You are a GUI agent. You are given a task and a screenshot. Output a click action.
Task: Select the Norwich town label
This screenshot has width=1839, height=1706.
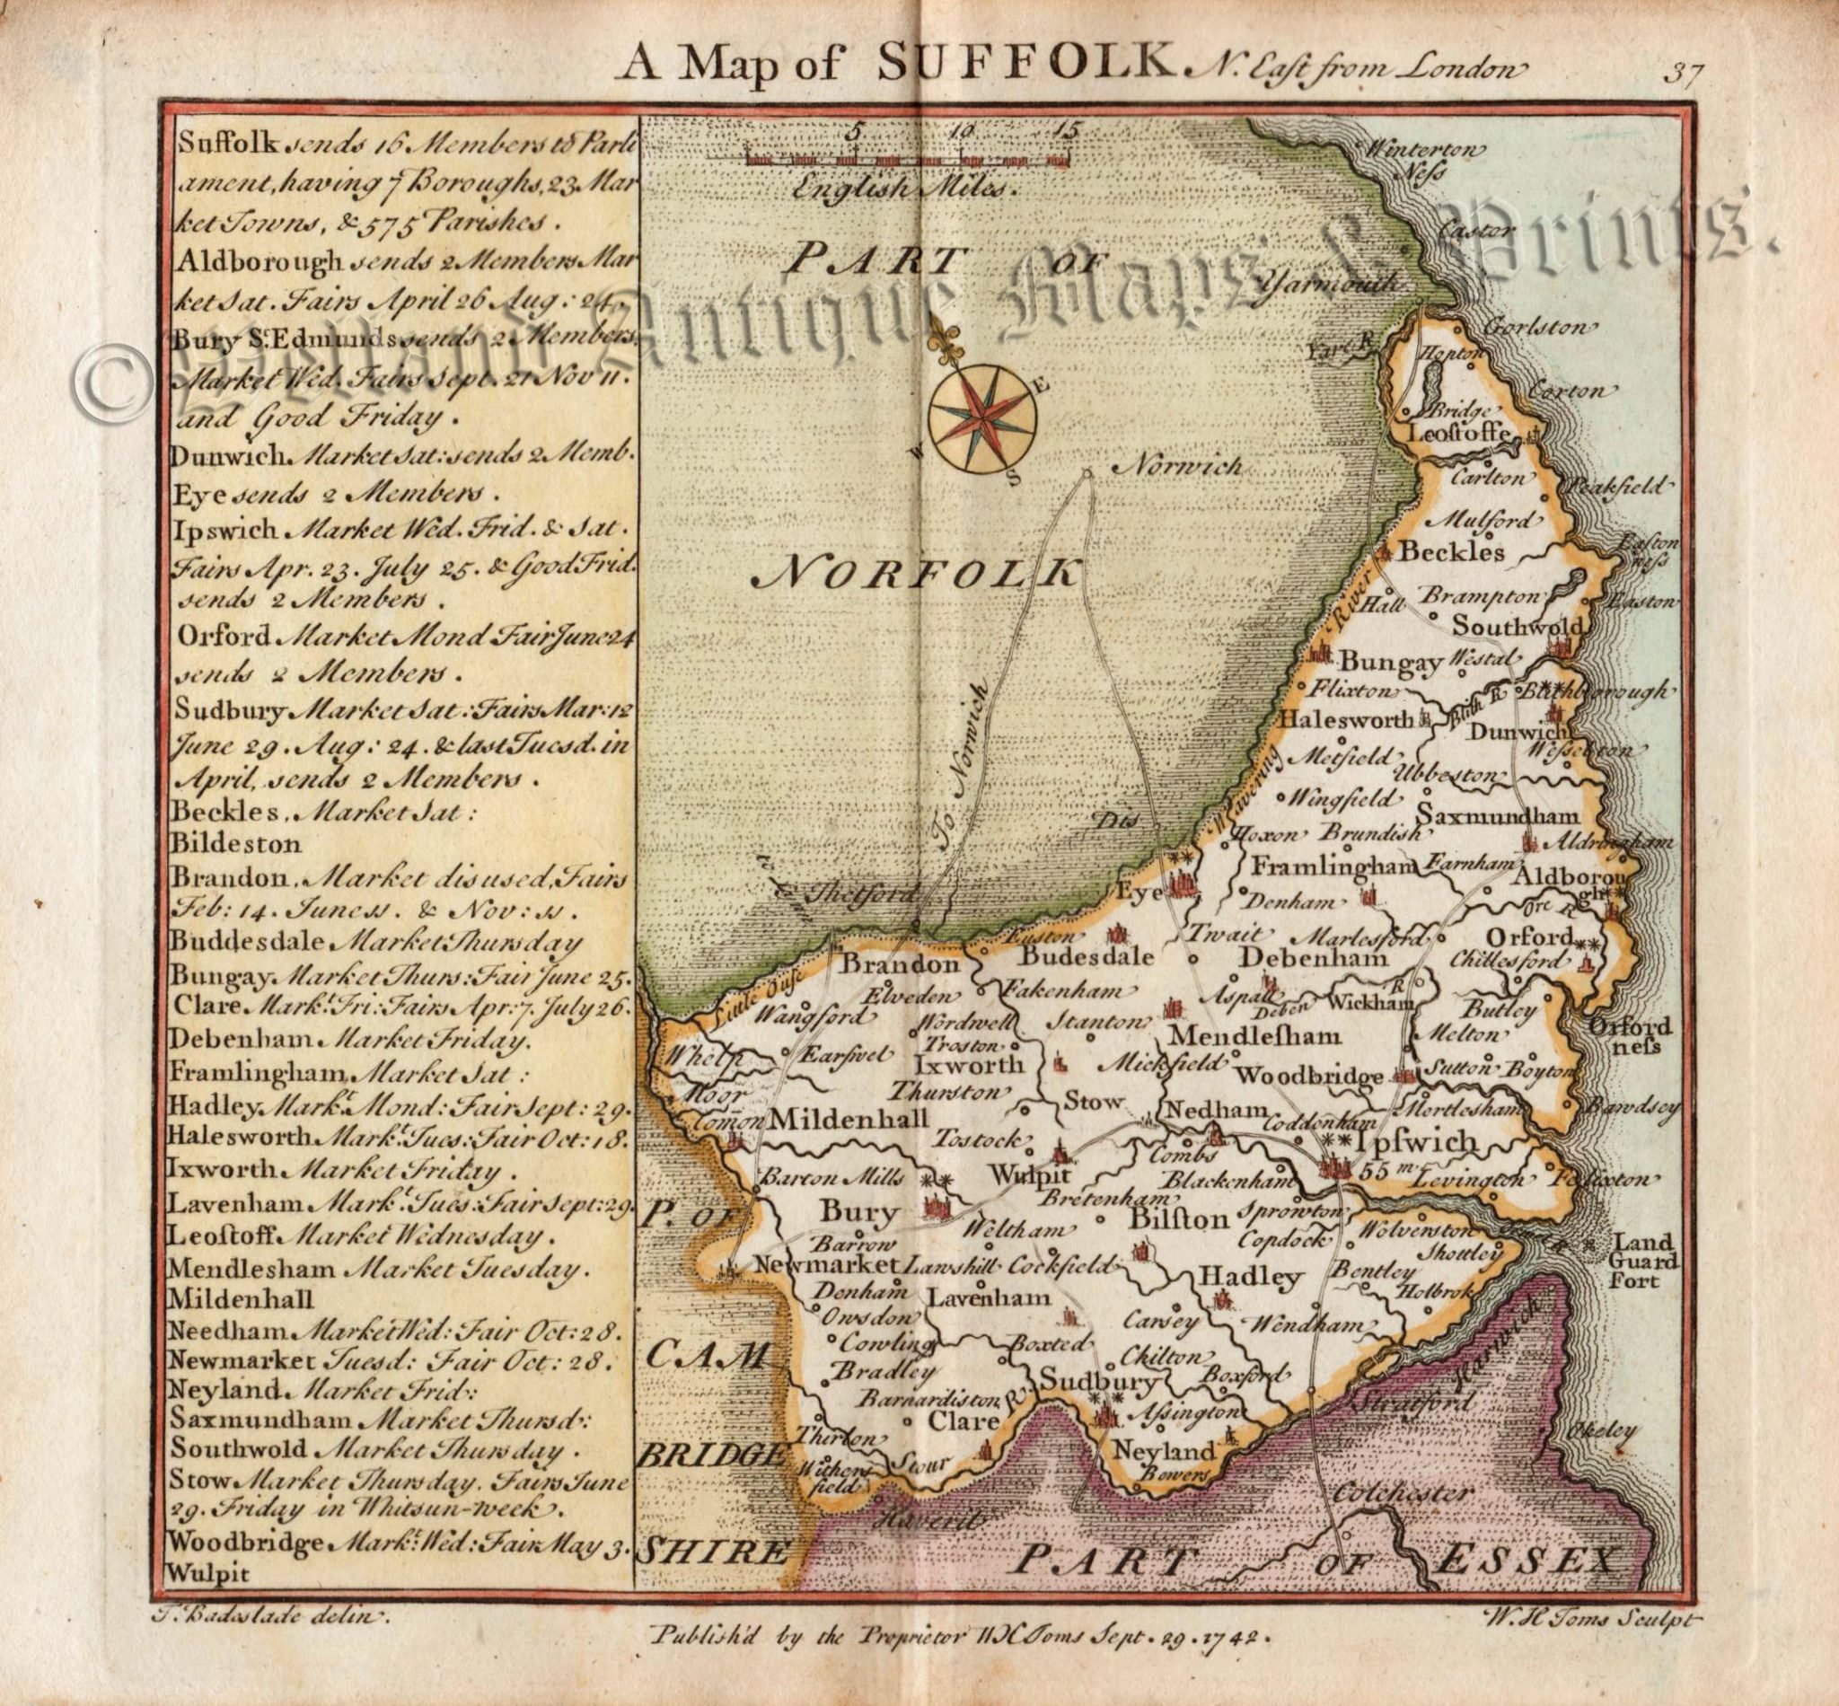point(1175,468)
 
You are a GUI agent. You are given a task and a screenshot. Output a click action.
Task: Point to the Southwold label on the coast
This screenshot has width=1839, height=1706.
point(1516,625)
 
